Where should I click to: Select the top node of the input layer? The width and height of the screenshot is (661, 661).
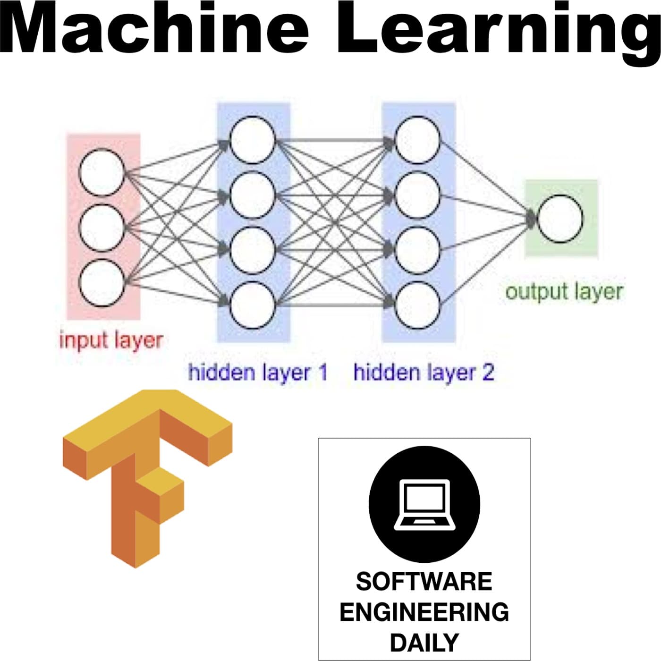102,173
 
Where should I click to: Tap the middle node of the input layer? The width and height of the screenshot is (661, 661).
102,228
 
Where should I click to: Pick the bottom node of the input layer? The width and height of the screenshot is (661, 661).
102,283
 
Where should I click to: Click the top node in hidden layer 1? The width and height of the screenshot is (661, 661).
253,140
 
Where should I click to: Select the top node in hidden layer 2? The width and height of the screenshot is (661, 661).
417,140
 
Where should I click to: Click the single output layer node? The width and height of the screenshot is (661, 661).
560,219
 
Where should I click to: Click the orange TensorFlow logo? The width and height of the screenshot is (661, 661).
146,477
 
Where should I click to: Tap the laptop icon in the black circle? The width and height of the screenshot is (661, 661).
424,504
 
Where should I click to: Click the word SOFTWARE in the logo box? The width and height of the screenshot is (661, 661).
424,581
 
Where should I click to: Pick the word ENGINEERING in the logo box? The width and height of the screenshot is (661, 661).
424,612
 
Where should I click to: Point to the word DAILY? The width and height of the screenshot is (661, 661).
424,643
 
